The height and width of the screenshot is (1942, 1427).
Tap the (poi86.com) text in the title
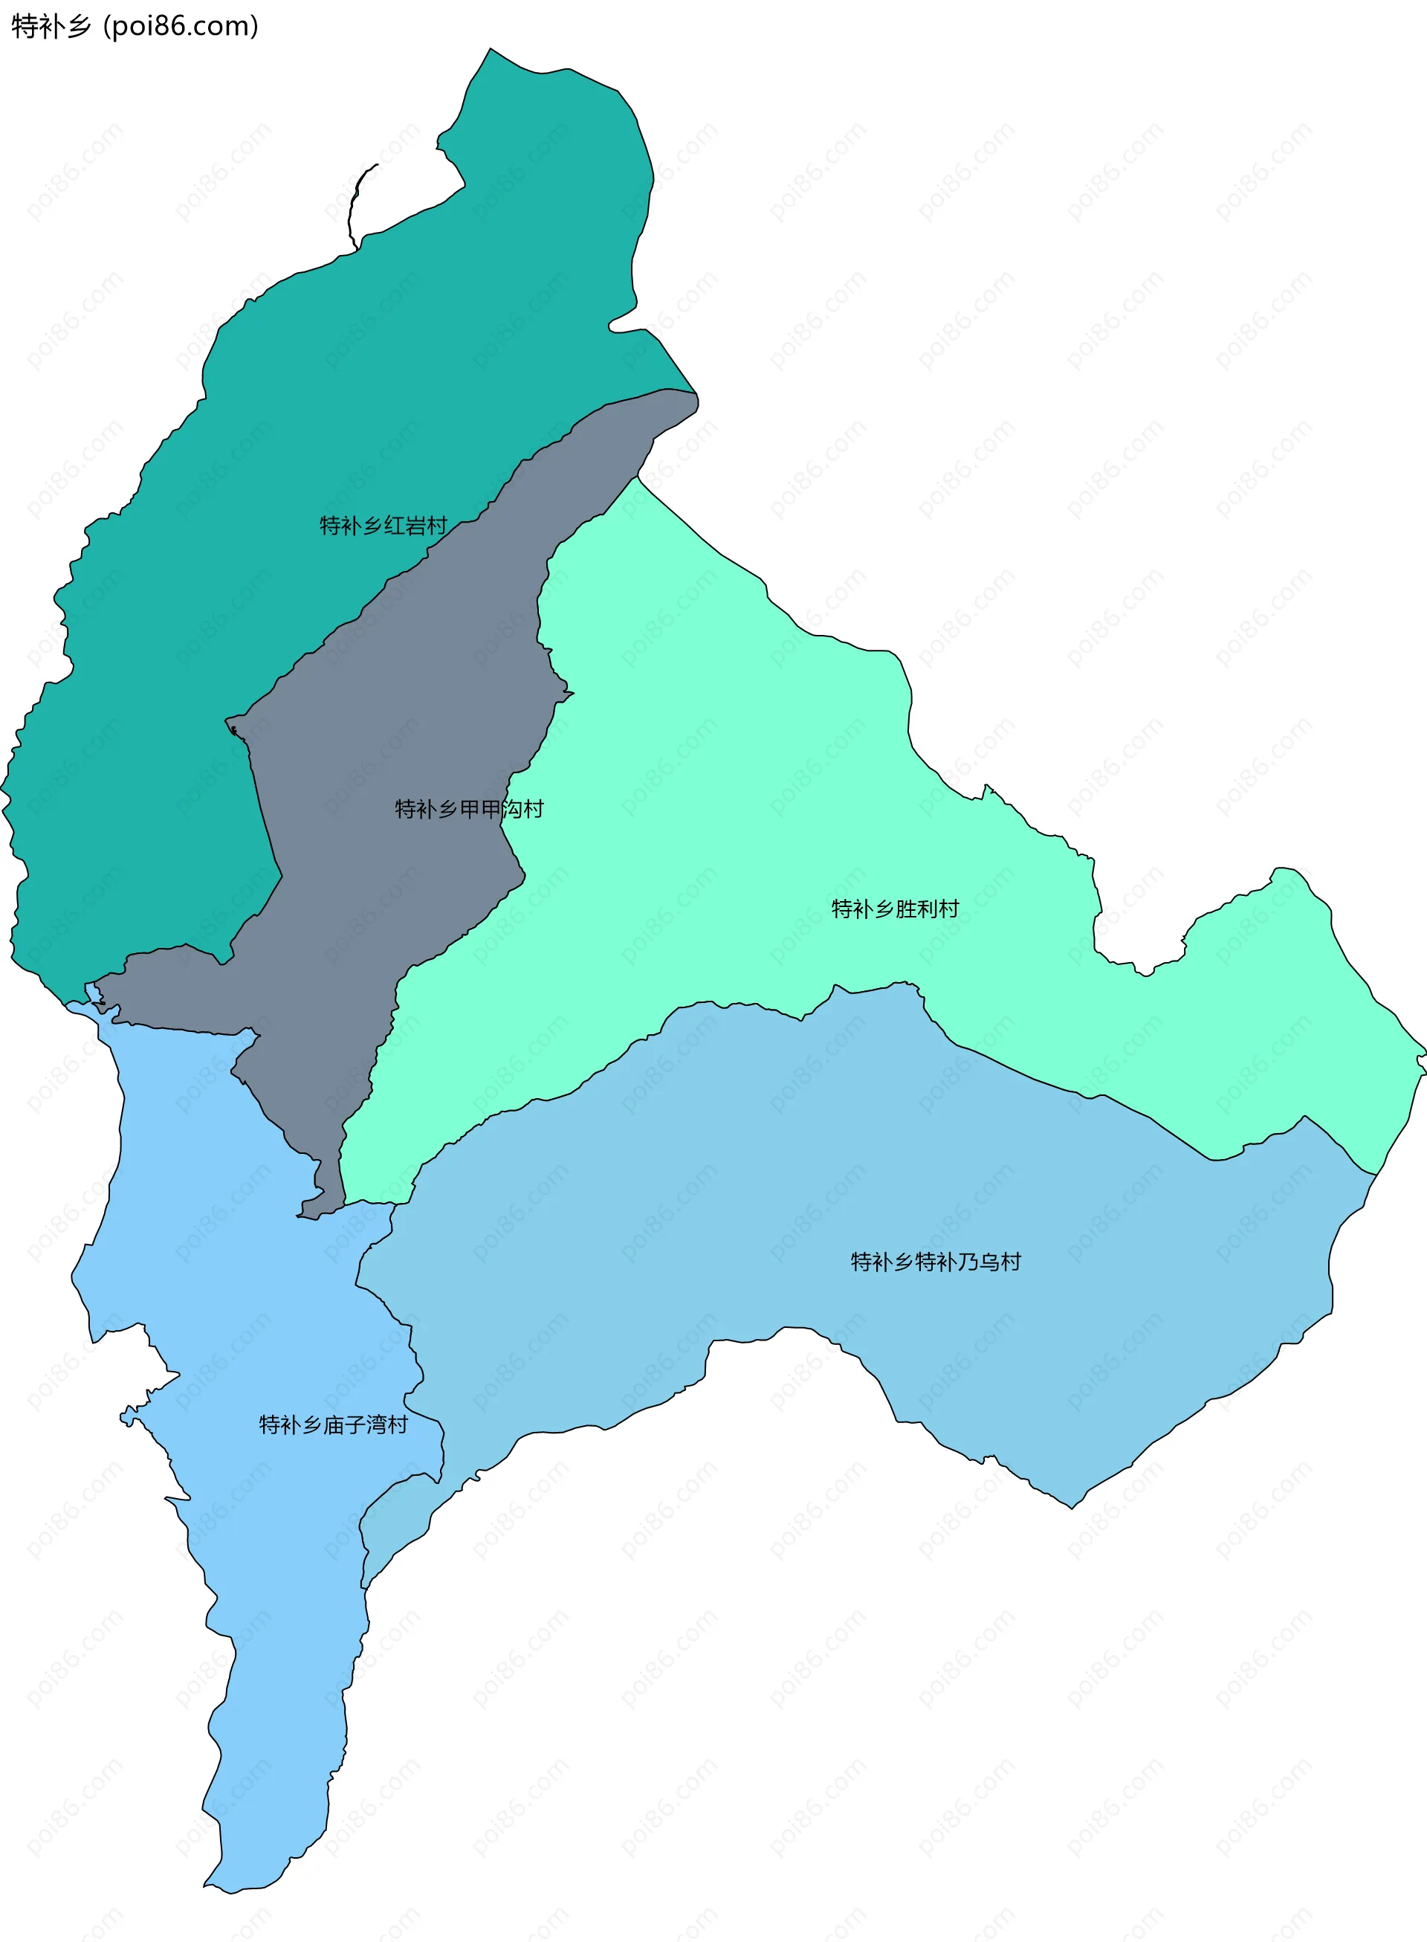[181, 27]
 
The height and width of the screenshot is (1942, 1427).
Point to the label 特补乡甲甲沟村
[469, 809]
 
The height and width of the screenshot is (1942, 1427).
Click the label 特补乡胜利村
[895, 909]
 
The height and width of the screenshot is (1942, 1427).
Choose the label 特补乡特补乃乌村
[936, 1262]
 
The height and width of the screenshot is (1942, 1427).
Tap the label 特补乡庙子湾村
[334, 1425]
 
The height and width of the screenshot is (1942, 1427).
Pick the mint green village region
[734, 778]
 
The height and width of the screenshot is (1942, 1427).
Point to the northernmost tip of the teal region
[491, 50]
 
